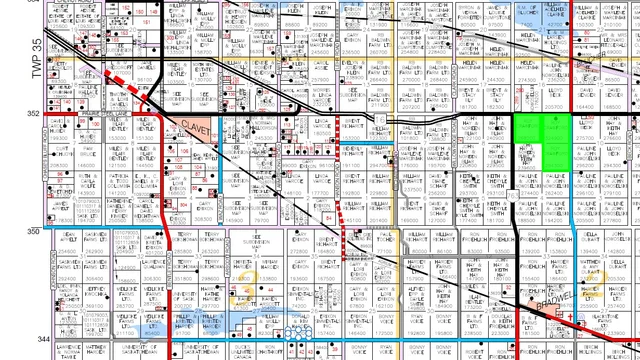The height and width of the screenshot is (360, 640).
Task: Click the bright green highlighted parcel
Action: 542,140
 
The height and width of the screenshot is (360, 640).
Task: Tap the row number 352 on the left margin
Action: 32,114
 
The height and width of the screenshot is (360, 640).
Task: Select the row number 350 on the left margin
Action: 32,231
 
